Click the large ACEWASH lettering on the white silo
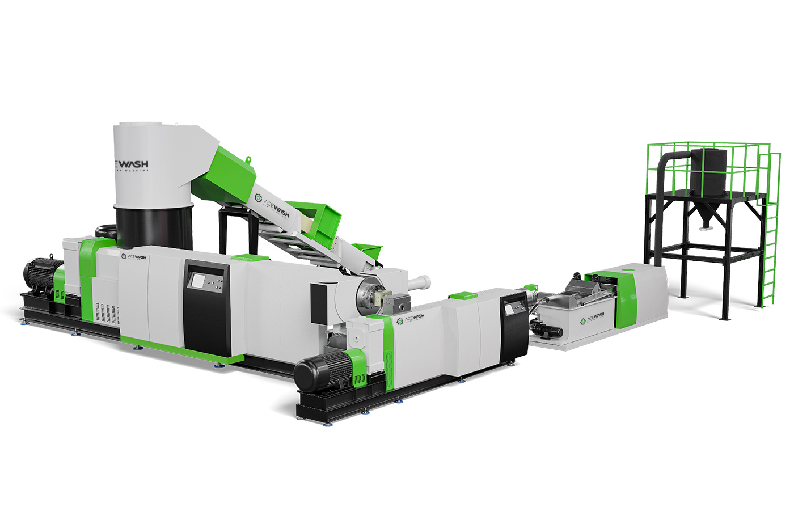point(132,164)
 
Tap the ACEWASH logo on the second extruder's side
point(411,319)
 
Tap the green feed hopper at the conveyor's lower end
point(368,250)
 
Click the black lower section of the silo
point(154,227)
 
